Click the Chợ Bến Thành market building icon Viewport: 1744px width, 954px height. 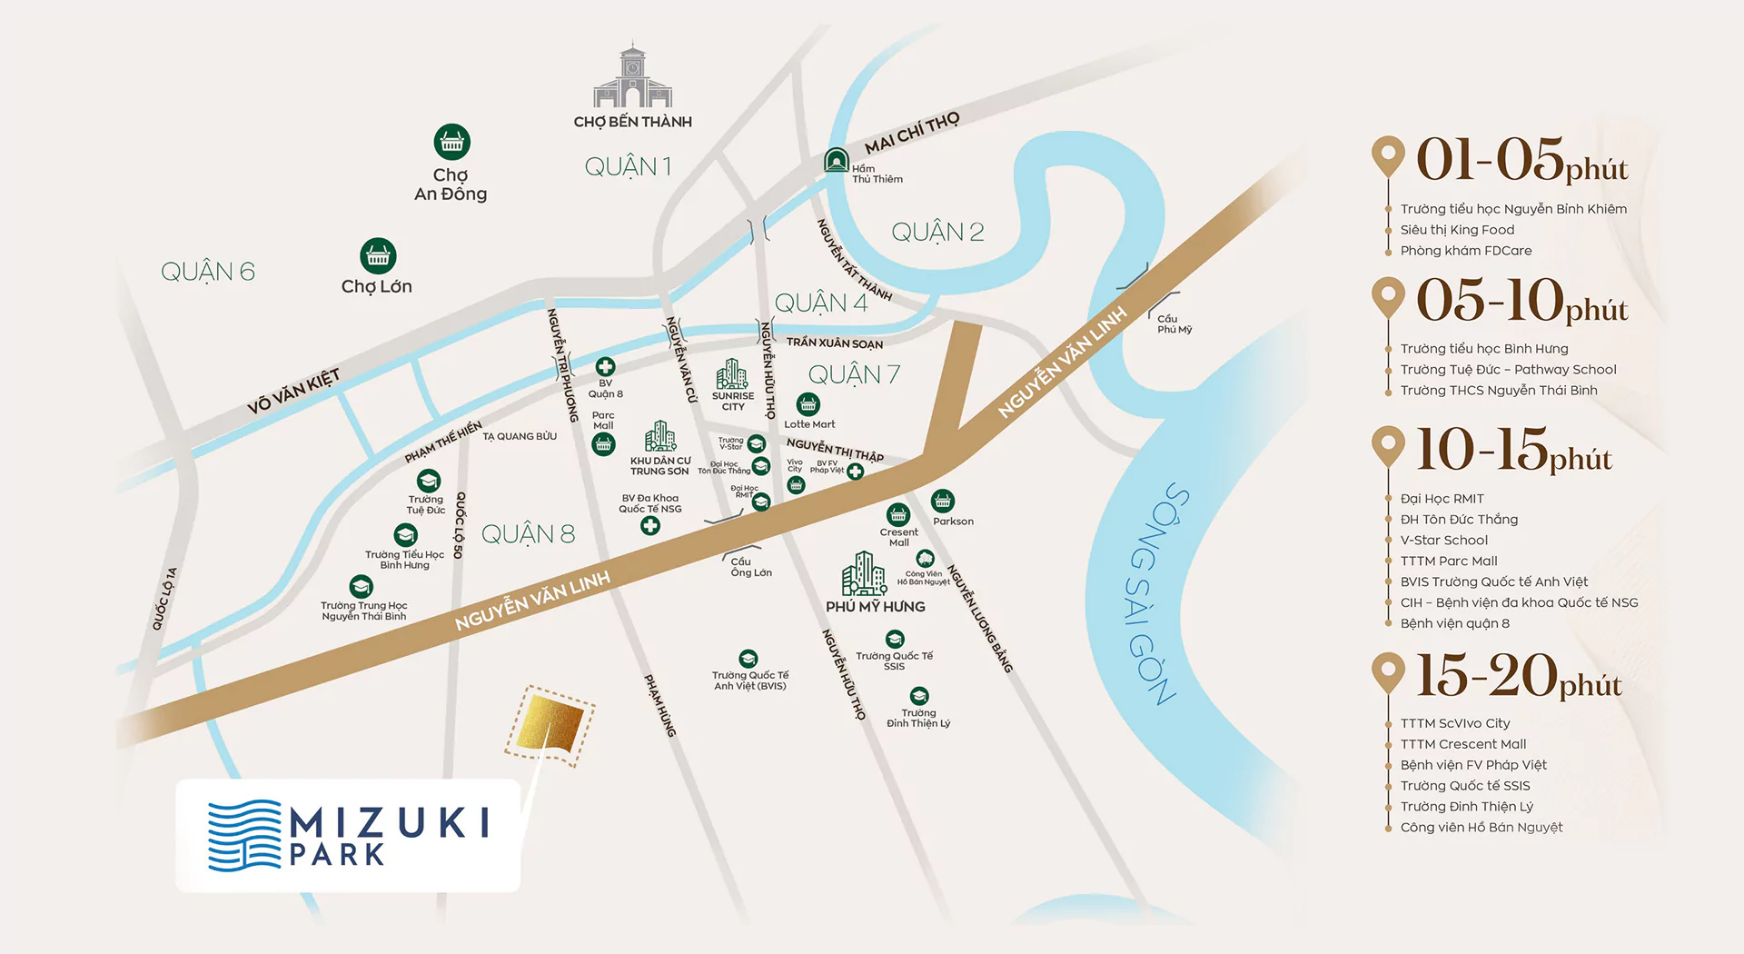632,77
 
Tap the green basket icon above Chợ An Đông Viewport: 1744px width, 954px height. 451,142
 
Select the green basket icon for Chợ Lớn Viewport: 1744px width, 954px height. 378,256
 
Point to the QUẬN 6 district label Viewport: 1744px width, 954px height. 207,272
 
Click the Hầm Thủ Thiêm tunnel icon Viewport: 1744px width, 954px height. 836,160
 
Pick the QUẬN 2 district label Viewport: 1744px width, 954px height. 937,233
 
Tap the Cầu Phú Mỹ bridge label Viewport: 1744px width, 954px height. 1174,324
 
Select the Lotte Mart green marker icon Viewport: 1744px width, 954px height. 808,404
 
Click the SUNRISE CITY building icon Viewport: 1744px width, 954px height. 732,374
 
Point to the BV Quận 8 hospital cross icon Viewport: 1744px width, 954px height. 605,366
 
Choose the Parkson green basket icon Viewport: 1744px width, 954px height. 943,501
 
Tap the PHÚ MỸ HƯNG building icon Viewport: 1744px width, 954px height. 863,574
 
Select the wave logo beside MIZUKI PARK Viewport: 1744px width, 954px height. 244,835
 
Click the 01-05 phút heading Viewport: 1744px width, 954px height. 1521,161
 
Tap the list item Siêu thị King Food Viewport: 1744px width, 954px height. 1457,230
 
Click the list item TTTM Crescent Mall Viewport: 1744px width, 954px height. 1463,744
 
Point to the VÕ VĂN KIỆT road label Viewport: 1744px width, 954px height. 293,392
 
